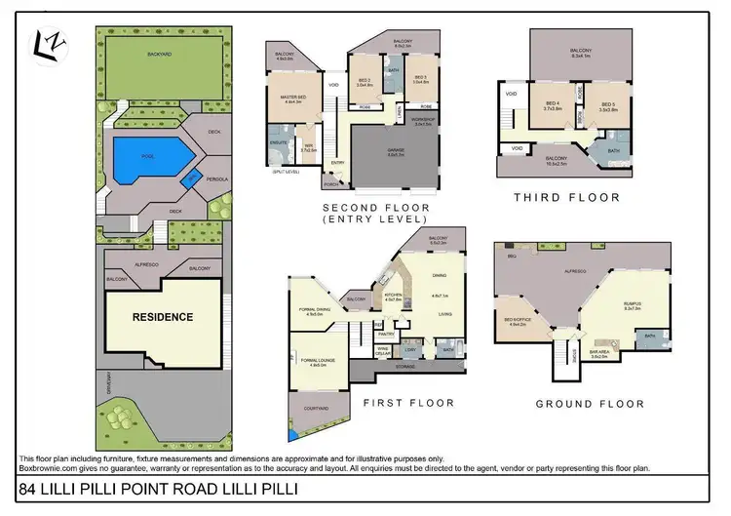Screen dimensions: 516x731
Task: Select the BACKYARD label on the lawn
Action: [x=152, y=55]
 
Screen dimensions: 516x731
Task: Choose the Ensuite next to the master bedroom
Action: [x=278, y=142]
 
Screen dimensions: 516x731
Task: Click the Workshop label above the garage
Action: [x=422, y=122]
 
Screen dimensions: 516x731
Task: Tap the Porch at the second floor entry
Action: [x=332, y=180]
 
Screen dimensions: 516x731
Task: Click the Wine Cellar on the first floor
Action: [x=385, y=348]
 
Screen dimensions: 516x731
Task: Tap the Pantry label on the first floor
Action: [x=385, y=333]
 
